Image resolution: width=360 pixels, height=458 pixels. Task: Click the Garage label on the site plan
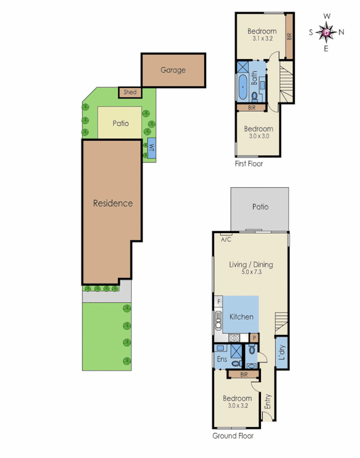pos(173,70)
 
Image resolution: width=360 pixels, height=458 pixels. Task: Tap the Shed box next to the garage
pos(129,92)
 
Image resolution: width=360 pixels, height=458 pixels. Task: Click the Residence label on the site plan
pos(113,203)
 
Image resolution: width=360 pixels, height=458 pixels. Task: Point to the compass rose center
pos(327,33)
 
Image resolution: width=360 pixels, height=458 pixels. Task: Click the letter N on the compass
pos(342,33)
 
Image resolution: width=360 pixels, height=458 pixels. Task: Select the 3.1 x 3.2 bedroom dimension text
pos(262,39)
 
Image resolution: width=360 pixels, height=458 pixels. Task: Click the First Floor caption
pos(249,164)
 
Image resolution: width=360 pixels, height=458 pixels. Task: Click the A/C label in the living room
pos(226,239)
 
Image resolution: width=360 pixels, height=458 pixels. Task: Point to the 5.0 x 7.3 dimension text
pos(251,273)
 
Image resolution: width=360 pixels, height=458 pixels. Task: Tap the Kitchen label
pos(241,317)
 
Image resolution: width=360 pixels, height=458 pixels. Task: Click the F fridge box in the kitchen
pos(218,301)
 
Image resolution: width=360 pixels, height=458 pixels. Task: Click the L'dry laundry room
pos(281,354)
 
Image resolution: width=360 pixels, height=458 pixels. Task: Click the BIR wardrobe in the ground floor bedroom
pos(243,374)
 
